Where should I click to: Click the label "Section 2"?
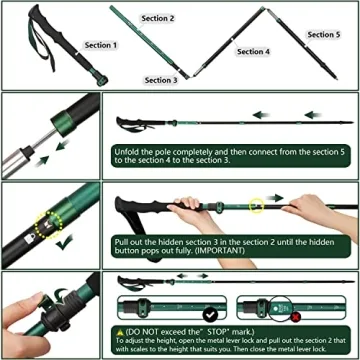pos(157,18)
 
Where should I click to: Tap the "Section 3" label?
pos(161,79)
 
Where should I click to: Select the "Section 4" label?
pos(253,51)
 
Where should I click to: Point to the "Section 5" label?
pos(322,35)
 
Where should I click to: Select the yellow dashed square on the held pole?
pos(257,208)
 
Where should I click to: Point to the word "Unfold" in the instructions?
pos(131,150)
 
